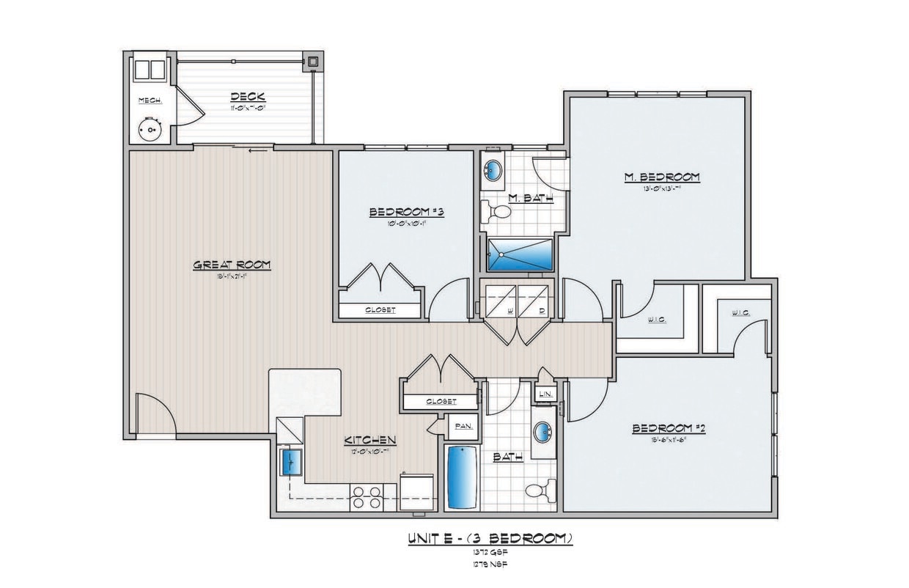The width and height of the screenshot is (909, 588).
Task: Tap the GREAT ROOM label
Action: (x=232, y=265)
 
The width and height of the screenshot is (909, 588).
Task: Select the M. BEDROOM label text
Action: (x=661, y=177)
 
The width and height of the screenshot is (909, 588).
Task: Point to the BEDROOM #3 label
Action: (x=407, y=212)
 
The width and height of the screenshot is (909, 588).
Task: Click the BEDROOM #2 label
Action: (x=668, y=429)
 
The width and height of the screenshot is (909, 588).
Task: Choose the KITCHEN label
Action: (x=370, y=440)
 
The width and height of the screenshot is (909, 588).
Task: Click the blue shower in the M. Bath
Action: (x=520, y=254)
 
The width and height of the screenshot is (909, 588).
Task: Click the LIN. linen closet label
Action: (x=545, y=394)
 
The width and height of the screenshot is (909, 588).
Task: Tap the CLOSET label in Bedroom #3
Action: (x=380, y=310)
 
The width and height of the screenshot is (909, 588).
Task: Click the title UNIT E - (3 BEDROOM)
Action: (x=490, y=539)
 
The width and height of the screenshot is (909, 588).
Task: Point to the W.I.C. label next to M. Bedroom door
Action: (x=656, y=319)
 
